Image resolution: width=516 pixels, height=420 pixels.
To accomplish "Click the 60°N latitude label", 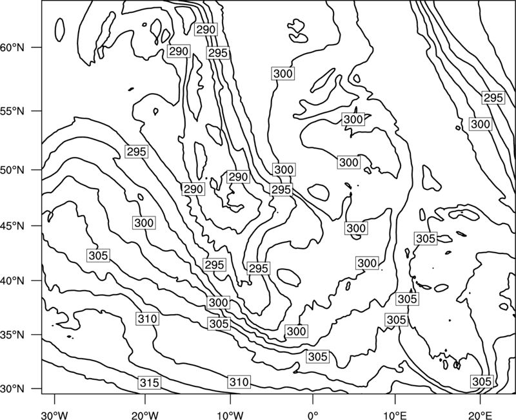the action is click(x=12, y=48).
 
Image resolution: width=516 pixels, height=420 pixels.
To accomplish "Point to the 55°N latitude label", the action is click(x=12, y=111).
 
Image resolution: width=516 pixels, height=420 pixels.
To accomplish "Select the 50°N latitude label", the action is click(x=12, y=170).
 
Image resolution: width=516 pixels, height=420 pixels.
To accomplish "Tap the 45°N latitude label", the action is click(x=12, y=226).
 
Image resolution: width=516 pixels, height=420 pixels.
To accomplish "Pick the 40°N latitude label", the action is click(x=12, y=280).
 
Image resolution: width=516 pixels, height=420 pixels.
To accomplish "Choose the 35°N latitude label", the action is click(x=12, y=335).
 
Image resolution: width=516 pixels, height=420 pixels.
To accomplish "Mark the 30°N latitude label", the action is click(x=12, y=389).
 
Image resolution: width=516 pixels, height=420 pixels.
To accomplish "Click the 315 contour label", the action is click(x=150, y=383).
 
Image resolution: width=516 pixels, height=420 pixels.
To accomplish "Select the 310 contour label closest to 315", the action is click(x=148, y=319).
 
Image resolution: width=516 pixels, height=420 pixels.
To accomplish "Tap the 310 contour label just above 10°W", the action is click(x=239, y=382).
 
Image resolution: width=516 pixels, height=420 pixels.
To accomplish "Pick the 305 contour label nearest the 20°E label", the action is click(x=482, y=381).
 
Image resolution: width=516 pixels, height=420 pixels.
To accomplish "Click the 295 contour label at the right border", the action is click(x=493, y=98).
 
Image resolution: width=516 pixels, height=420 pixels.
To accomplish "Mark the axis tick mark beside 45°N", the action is click(x=37, y=226).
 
